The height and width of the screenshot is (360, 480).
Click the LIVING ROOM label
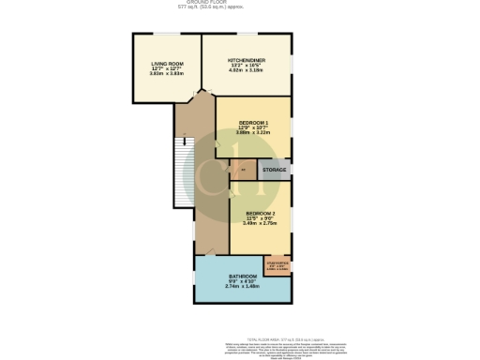[167, 63]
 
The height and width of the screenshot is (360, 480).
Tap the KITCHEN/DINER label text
[247, 60]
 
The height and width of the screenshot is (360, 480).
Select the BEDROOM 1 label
[253, 123]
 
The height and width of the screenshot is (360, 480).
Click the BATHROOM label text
[242, 276]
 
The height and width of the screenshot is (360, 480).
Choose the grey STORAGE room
[274, 171]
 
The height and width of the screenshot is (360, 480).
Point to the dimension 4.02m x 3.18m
[247, 70]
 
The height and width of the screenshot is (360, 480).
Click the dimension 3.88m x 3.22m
[253, 133]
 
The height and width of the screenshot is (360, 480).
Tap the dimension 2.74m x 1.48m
[242, 286]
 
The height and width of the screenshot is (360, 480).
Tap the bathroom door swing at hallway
[208, 254]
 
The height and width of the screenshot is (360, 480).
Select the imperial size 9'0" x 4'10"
[242, 281]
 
